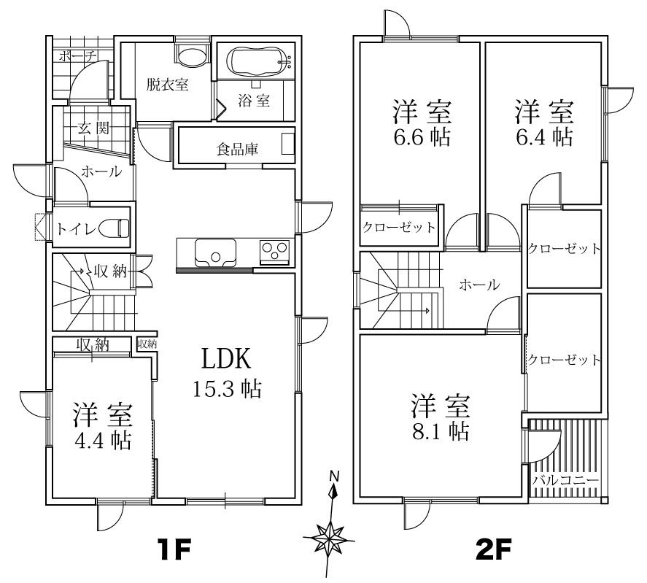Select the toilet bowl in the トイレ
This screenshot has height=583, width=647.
110,228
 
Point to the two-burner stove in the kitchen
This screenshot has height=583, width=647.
275,251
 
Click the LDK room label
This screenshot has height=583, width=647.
226,358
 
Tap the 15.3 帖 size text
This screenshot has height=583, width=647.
227,388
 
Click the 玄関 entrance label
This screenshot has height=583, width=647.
93,129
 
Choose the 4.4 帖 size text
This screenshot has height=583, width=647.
101,441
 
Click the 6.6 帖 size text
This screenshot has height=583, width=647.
421,136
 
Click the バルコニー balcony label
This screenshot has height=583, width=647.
565,480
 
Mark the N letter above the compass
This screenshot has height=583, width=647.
334,476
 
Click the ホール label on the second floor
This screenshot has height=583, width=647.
479,284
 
